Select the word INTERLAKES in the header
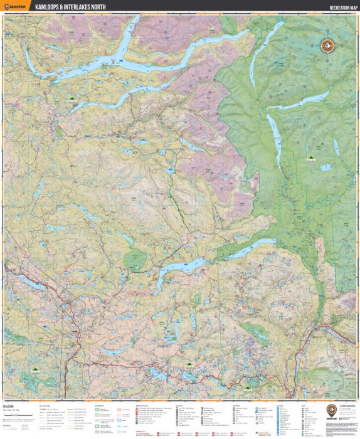90,7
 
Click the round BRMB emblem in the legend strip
331,411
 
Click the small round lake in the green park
326,167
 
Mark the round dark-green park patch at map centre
135,258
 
